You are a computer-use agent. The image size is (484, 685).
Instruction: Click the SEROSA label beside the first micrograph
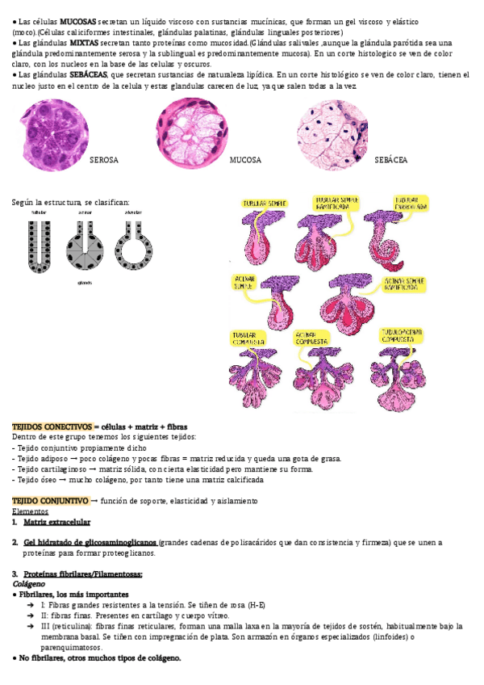point(103,160)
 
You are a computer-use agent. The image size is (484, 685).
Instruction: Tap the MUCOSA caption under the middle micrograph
point(245,160)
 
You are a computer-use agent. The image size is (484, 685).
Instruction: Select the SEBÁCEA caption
point(391,160)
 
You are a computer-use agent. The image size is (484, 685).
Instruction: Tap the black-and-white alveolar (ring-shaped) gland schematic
point(131,242)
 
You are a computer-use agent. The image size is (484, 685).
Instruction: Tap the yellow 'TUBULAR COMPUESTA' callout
point(250,336)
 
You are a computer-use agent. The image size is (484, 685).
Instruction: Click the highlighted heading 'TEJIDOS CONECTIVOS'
point(52,426)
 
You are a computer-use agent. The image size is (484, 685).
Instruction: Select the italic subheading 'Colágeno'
point(28,582)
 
